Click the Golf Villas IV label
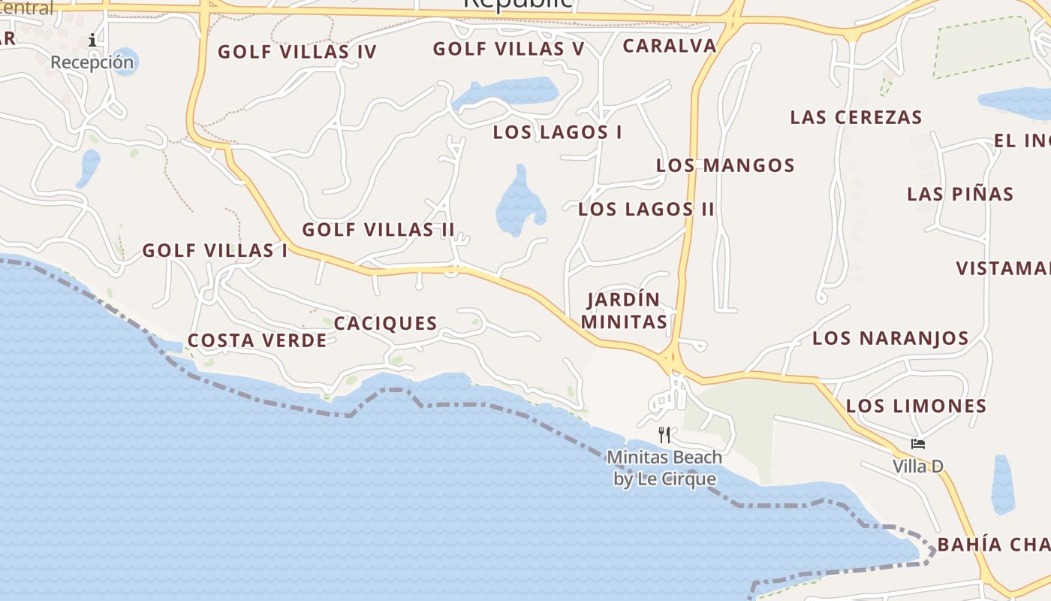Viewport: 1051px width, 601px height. (x=297, y=52)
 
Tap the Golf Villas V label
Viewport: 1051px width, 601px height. (x=508, y=49)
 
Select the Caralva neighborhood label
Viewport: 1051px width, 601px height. (x=670, y=46)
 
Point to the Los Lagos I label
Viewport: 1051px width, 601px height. (x=557, y=132)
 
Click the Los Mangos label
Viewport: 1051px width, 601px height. (x=725, y=165)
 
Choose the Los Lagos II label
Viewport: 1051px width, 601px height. (x=646, y=210)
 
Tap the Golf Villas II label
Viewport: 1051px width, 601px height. (x=378, y=230)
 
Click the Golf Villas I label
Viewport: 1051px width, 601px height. (x=215, y=251)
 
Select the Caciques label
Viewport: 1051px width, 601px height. (x=385, y=324)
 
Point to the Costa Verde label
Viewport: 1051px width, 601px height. (x=257, y=341)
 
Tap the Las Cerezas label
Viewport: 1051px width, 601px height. (x=856, y=118)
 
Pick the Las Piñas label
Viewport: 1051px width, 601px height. (x=960, y=194)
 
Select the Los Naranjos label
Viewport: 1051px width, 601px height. (x=890, y=338)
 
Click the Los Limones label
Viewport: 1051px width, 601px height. (x=916, y=406)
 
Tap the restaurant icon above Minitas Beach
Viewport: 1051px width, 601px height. (x=664, y=435)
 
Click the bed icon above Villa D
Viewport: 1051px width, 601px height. (x=917, y=444)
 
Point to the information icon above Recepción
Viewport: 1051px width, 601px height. (x=92, y=40)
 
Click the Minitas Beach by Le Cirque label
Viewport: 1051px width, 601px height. (x=664, y=468)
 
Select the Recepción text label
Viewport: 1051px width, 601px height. (x=92, y=62)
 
